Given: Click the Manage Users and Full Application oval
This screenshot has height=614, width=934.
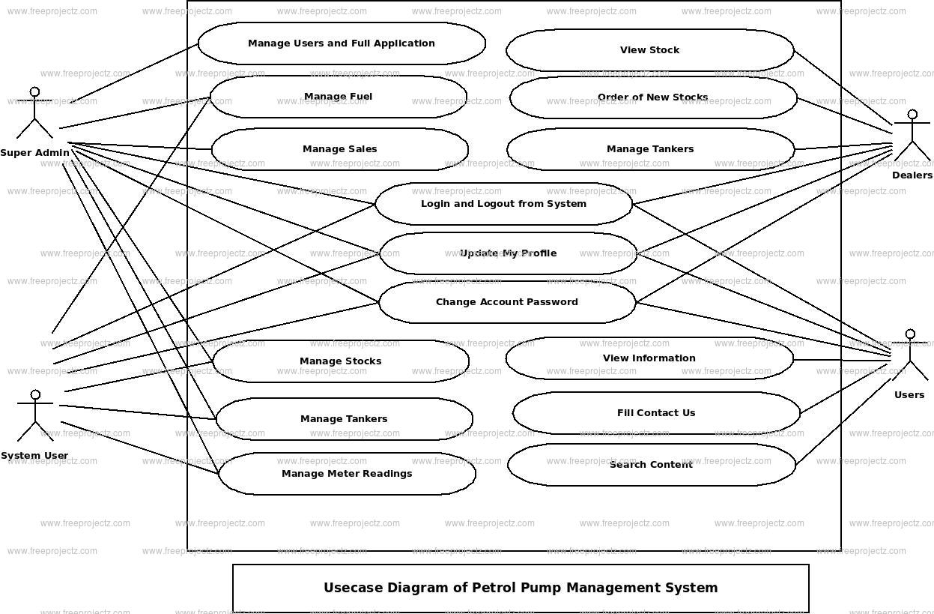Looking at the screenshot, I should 342,43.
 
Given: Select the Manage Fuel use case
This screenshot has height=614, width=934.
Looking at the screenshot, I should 338,97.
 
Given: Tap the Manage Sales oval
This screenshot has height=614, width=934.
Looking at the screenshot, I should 340,149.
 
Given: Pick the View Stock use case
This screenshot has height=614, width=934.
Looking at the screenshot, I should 649,50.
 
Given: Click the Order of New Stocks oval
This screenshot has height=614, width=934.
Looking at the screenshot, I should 652,97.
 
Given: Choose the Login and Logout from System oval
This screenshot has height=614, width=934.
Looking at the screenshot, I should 503,204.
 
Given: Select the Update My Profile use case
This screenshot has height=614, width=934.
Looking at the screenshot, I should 508,253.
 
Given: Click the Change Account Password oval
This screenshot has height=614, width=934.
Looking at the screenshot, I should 507,302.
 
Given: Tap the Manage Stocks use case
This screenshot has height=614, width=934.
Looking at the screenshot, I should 341,361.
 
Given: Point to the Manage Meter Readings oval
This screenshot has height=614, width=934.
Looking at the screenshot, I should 347,474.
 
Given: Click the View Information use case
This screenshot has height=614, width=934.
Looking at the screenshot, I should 649,358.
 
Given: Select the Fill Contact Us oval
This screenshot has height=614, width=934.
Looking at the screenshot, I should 656,413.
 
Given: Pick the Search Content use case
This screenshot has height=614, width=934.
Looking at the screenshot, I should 651,465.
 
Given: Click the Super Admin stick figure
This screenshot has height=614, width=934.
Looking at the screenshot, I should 34,114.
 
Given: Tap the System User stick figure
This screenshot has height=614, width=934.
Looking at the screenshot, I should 34,415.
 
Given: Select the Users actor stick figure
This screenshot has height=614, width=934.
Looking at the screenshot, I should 910,355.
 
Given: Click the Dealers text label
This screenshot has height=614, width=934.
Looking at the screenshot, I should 912,175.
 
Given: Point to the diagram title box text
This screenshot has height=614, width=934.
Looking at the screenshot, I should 521,588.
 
